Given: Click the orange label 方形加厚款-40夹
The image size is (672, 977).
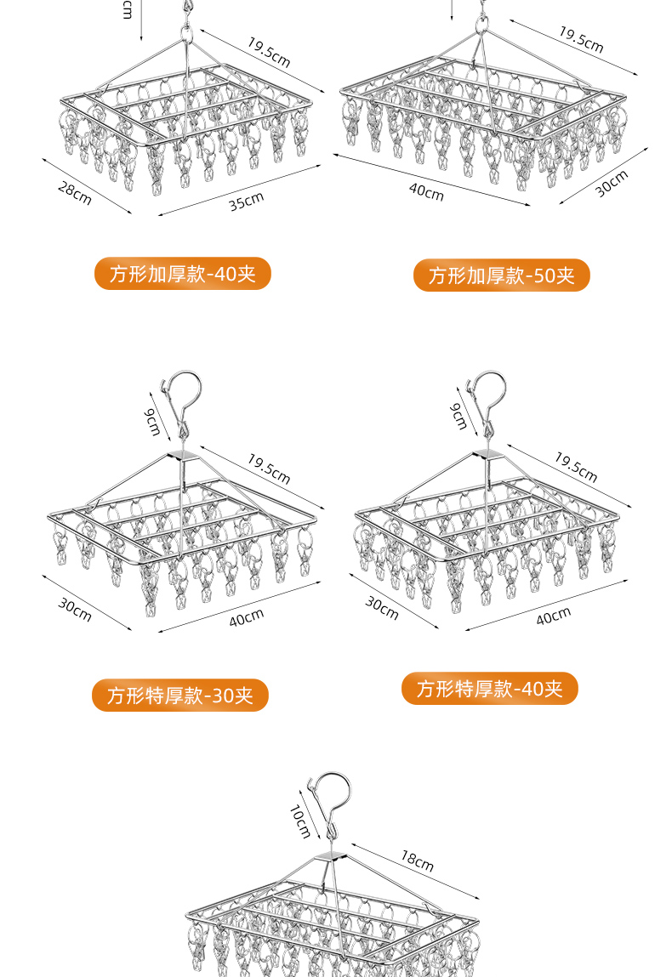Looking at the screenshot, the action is [x=182, y=274].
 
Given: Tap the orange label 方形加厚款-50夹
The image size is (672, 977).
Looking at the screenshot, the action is [x=501, y=275].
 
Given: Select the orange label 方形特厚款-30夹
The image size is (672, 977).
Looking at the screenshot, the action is [x=180, y=696].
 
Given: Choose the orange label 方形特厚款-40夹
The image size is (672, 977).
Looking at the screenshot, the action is [x=489, y=689].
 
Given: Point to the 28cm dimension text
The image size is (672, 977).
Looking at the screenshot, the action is [x=75, y=193].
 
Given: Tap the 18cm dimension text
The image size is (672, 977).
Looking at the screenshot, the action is [x=418, y=861].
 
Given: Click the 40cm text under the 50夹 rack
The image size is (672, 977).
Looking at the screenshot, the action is [x=427, y=192].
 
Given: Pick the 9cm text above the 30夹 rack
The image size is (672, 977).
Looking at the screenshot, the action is [x=151, y=421].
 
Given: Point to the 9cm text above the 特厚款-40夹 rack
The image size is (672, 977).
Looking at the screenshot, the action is [x=458, y=417].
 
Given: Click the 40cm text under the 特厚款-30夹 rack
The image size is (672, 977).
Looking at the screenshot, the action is [x=247, y=618].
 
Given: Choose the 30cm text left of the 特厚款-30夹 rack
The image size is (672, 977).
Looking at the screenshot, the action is [x=75, y=610].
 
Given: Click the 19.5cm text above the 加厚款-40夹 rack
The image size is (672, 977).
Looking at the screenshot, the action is [x=269, y=53].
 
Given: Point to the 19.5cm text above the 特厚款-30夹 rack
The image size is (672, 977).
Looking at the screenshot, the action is [x=269, y=469].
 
